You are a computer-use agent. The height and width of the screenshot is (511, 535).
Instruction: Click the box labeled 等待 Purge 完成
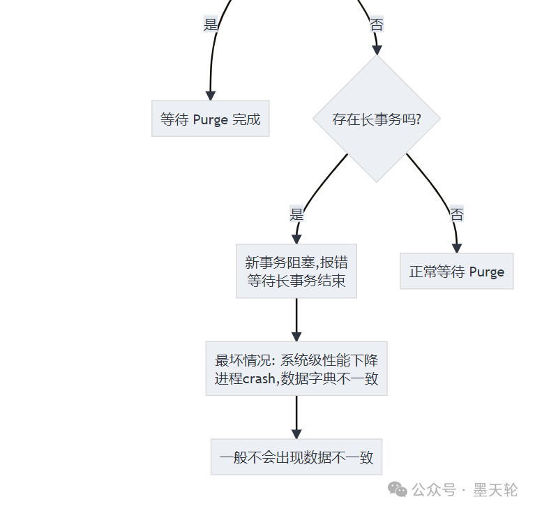pyautogui.click(x=210, y=119)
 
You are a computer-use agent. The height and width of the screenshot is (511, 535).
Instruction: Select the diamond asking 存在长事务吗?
pyautogui.click(x=377, y=119)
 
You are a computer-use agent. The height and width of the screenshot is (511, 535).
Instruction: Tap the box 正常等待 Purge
pyautogui.click(x=456, y=272)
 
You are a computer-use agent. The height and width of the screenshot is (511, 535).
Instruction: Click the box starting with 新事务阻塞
pyautogui.click(x=296, y=272)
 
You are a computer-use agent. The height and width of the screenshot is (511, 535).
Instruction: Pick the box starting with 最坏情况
pyautogui.click(x=296, y=369)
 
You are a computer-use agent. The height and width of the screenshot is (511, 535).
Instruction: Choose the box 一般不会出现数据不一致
pyautogui.click(x=296, y=457)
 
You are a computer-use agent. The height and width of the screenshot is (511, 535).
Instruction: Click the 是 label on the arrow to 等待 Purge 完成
pyautogui.click(x=211, y=25)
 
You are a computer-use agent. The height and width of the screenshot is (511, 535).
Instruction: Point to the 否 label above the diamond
pyautogui.click(x=377, y=25)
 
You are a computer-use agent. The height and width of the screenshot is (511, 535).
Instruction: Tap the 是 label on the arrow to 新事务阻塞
pyautogui.click(x=297, y=214)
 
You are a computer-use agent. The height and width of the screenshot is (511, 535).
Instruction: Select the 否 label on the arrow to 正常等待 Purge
pyautogui.click(x=457, y=214)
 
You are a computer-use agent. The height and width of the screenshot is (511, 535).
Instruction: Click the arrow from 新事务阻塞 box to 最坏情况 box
pyautogui.click(x=296, y=318)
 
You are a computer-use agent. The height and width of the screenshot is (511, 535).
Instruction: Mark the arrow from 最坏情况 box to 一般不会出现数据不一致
pyautogui.click(x=296, y=415)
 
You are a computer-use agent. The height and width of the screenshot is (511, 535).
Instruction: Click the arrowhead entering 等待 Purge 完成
pyautogui.click(x=210, y=96)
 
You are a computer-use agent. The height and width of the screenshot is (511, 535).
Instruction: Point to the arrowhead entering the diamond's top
pyautogui.click(x=377, y=50)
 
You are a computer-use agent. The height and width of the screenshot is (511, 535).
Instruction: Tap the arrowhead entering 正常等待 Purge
pyautogui.click(x=457, y=247)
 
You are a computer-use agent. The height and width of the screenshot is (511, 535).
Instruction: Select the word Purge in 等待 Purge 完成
pyautogui.click(x=211, y=119)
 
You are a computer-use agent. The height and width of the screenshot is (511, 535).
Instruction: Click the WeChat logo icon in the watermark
pyautogui.click(x=398, y=489)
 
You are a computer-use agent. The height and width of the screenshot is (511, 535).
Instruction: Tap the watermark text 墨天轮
pyautogui.click(x=495, y=490)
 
